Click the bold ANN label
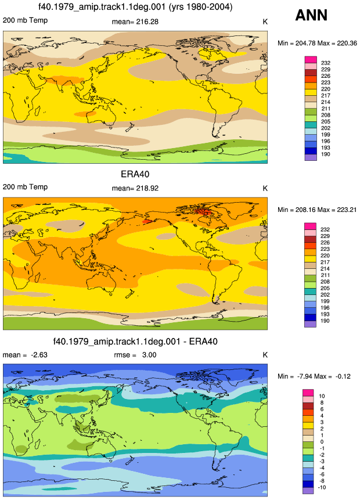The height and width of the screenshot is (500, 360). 311,15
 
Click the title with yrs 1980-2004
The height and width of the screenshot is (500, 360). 135,7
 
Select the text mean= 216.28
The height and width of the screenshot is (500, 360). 135,21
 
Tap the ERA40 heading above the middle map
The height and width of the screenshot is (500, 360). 135,174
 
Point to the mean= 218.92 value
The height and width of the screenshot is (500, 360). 135,188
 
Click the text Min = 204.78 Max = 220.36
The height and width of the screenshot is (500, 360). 317,43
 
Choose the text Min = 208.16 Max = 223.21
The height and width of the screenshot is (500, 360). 317,210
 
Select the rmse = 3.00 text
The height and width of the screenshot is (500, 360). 135,355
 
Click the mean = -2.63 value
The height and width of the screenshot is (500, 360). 25,355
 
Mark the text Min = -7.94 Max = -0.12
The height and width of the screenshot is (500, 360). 314,376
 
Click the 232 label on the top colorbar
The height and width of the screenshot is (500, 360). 326,63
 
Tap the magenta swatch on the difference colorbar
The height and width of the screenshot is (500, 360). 308,393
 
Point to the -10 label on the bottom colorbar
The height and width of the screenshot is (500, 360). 322,487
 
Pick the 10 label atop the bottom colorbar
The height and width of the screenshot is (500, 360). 322,396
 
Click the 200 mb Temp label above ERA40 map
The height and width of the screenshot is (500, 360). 25,187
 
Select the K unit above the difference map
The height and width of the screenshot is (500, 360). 265,355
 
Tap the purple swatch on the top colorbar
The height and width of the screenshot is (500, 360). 311,157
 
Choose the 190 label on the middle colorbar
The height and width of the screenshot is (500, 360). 325,321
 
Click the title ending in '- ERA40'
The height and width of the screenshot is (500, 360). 135,341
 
